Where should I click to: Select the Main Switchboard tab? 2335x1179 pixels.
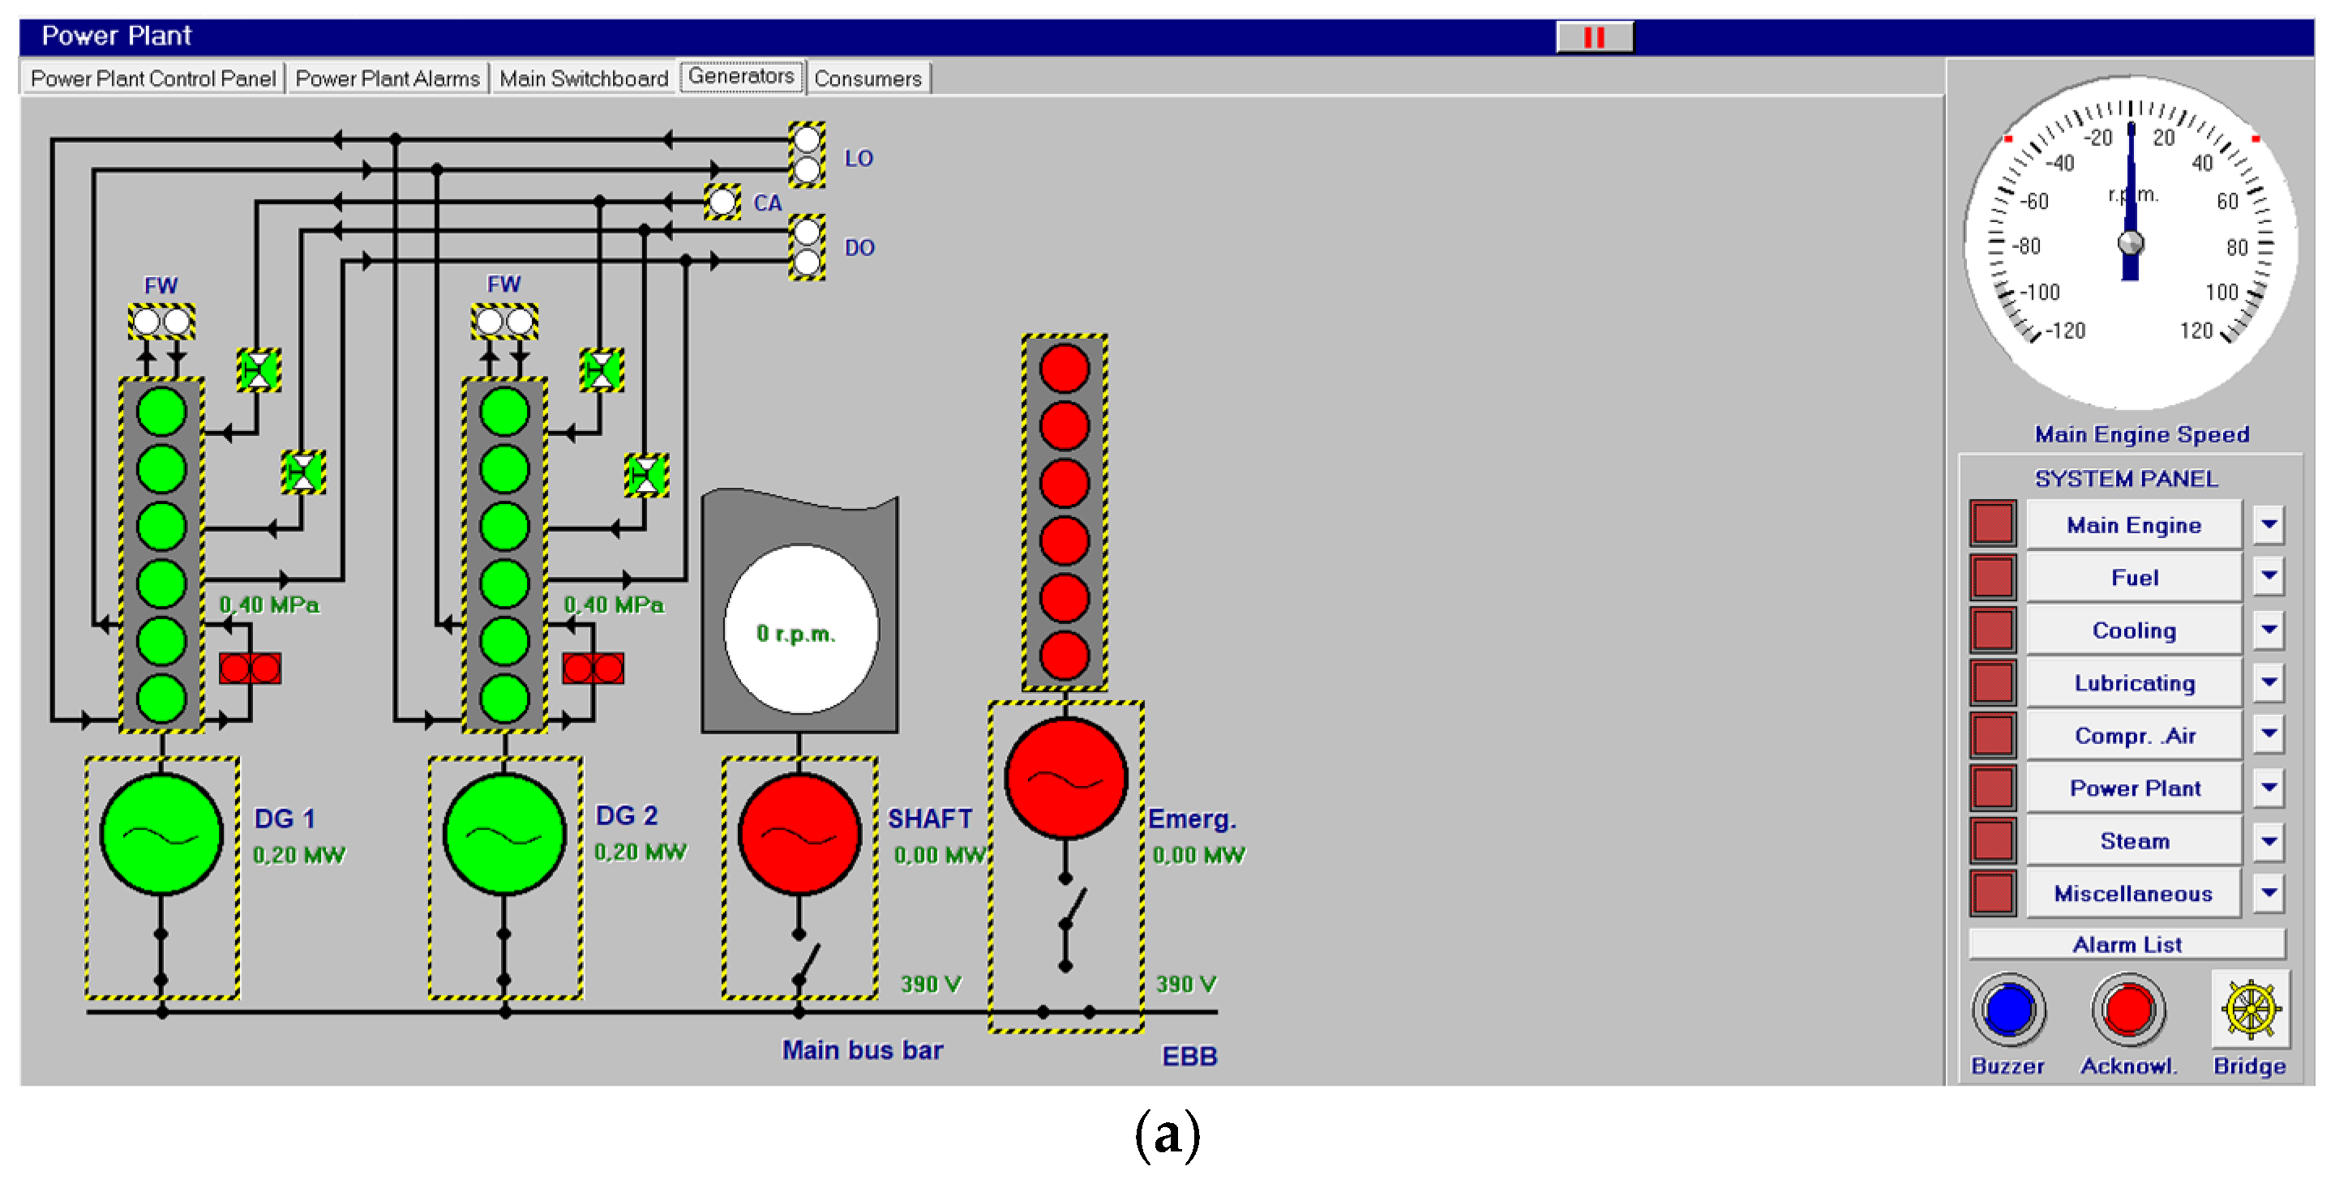click(583, 79)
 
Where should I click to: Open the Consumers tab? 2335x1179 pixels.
click(867, 79)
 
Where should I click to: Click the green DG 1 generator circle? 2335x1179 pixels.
click(161, 835)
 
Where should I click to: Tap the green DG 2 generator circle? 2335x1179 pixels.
click(504, 835)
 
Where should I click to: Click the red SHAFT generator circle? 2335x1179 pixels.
click(799, 835)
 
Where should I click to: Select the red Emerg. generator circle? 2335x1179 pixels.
click(1065, 779)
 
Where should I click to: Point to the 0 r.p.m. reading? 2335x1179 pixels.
click(797, 634)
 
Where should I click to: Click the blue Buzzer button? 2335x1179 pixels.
click(2007, 1009)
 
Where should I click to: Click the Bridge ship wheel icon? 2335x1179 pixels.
click(2250, 1009)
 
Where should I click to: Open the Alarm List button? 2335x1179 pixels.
click(2127, 944)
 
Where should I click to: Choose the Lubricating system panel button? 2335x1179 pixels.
click(2134, 682)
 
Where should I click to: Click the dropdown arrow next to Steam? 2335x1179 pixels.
click(2268, 841)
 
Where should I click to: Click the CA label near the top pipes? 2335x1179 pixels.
click(767, 203)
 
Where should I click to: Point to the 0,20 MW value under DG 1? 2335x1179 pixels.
click(298, 855)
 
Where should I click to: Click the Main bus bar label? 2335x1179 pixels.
click(862, 1049)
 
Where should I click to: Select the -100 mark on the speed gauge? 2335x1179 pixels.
click(2040, 292)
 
